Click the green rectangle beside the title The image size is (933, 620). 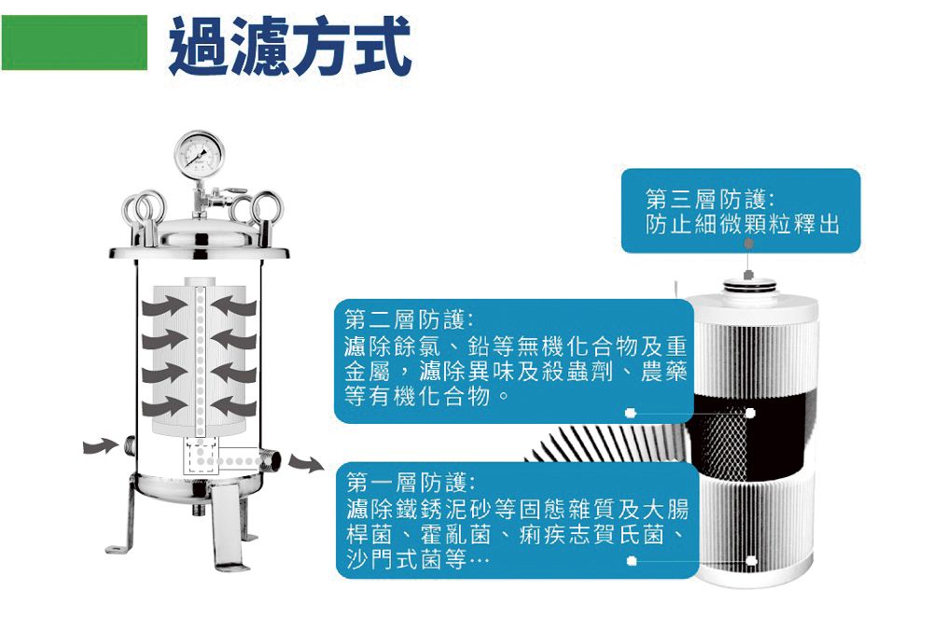click(75, 44)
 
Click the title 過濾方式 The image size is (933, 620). click(290, 46)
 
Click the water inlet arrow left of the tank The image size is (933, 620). click(97, 447)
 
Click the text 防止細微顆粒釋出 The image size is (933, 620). click(742, 226)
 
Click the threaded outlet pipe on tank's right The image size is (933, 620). click(272, 457)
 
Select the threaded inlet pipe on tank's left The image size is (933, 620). click(126, 445)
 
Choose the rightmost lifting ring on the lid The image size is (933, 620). click(267, 208)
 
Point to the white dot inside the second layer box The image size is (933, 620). click(631, 412)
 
